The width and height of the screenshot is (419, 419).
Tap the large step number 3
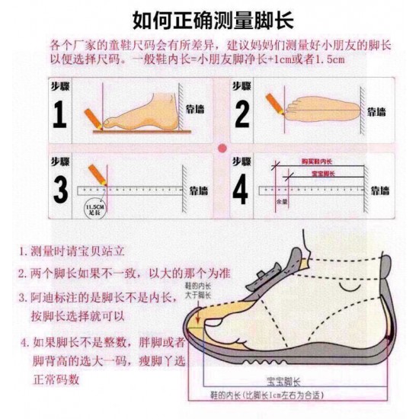[x=59, y=189]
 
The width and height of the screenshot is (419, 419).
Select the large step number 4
[x=241, y=189]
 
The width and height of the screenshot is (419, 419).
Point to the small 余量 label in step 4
[x=281, y=202]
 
